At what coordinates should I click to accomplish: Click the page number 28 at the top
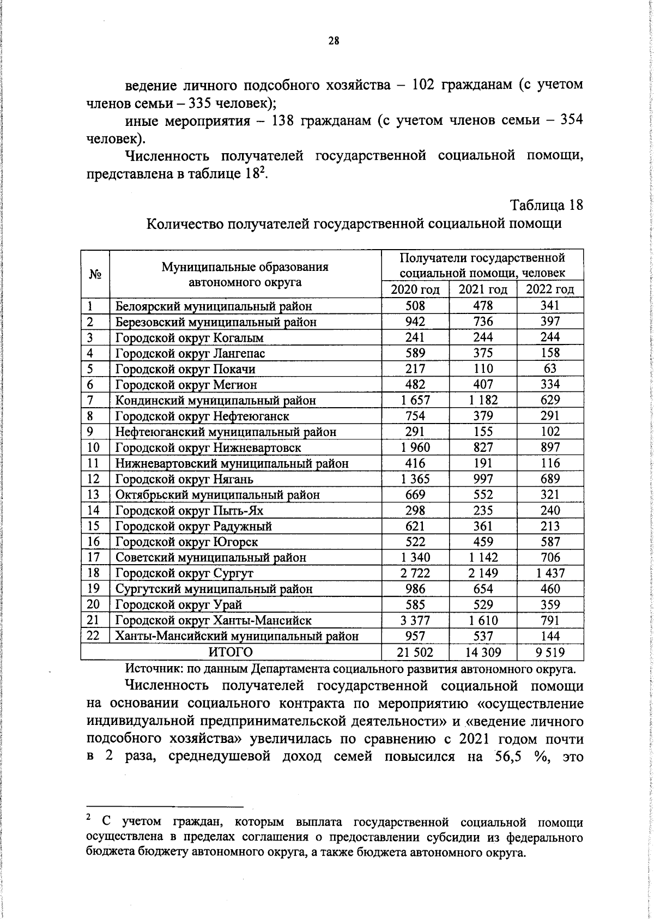click(x=334, y=40)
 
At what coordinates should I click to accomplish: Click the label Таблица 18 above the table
click(x=547, y=205)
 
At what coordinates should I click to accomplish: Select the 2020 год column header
click(x=415, y=289)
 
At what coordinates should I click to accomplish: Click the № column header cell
click(x=95, y=274)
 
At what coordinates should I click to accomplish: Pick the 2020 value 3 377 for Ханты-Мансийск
click(x=415, y=620)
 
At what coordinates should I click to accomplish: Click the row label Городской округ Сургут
click(x=184, y=573)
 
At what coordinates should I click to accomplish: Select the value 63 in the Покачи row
click(x=550, y=368)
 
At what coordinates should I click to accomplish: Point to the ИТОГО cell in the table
click(x=231, y=652)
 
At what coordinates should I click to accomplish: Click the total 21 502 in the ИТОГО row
click(x=415, y=652)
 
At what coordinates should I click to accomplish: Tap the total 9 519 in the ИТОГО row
click(x=550, y=652)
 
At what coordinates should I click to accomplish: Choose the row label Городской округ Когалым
click(x=189, y=337)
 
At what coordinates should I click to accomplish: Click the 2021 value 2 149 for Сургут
click(x=483, y=573)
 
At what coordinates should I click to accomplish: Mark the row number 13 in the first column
click(x=93, y=494)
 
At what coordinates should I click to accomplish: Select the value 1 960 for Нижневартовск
click(x=415, y=448)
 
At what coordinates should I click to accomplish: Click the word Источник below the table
click(x=154, y=668)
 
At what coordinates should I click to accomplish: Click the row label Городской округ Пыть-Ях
click(x=189, y=511)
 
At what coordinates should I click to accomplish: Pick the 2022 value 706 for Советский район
click(x=550, y=557)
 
